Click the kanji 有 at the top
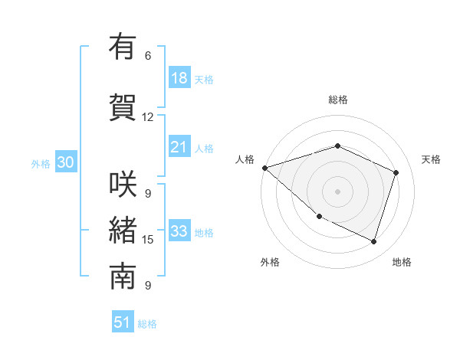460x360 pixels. coord(123,47)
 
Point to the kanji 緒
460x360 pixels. coord(123,231)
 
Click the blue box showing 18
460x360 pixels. coord(179,78)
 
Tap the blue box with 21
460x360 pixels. coord(179,148)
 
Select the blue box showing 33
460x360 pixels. coord(179,231)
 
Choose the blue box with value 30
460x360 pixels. coord(64,162)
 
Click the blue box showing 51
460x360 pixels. coord(123,322)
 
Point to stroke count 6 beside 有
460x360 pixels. coord(148,56)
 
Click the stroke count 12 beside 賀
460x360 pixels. coord(148,117)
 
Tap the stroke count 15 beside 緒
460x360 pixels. coord(148,240)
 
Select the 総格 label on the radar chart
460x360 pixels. coord(337,100)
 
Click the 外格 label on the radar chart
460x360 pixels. coord(270,262)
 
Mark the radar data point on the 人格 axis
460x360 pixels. coord(264,168)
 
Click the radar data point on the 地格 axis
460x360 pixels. coord(374,241)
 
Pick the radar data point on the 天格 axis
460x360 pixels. coord(396,172)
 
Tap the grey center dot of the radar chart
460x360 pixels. coord(337,191)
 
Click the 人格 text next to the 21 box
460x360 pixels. coord(204,149)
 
